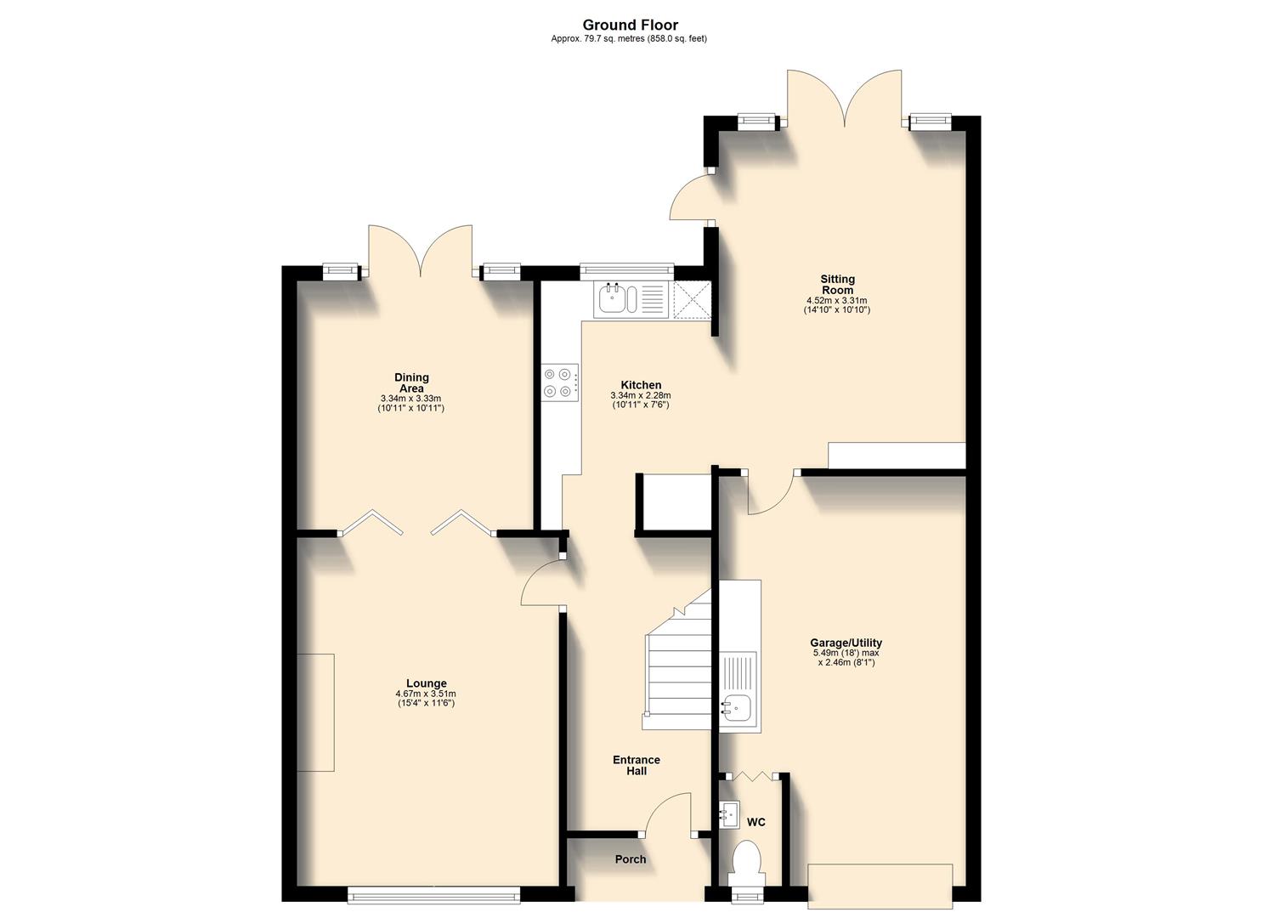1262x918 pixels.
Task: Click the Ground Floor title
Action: pyautogui.click(x=630, y=25)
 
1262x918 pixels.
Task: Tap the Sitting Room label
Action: pyautogui.click(x=837, y=284)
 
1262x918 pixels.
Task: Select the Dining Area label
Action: pyautogui.click(x=411, y=382)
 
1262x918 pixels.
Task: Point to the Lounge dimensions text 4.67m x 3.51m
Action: pyautogui.click(x=426, y=694)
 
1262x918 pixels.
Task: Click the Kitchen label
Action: pyautogui.click(x=641, y=385)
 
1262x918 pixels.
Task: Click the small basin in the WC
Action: pyautogui.click(x=730, y=813)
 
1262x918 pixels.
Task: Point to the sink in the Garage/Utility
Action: pyautogui.click(x=736, y=704)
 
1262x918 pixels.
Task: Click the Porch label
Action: pyautogui.click(x=631, y=859)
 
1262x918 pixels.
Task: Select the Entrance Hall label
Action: pyautogui.click(x=637, y=765)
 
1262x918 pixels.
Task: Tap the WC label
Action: pyautogui.click(x=756, y=822)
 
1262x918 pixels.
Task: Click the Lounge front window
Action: pyautogui.click(x=433, y=892)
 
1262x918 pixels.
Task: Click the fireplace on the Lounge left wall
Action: pyautogui.click(x=315, y=712)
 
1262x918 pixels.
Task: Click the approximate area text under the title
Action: pyautogui.click(x=629, y=39)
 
